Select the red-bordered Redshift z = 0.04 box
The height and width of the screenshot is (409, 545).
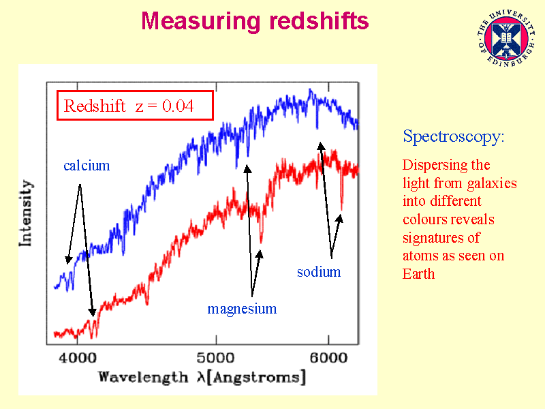pos(135,106)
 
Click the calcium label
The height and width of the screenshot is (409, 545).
pos(87,166)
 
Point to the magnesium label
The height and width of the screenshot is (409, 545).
pos(242,309)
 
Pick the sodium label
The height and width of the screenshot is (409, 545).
pos(318,272)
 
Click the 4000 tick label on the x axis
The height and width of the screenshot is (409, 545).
pos(78,358)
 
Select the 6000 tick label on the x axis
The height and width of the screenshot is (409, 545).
pos(329,358)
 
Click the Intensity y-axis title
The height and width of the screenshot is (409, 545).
pos(26,213)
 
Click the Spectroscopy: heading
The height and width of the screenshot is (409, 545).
pos(454,136)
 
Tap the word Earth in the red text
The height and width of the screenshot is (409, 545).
pos(418,274)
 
